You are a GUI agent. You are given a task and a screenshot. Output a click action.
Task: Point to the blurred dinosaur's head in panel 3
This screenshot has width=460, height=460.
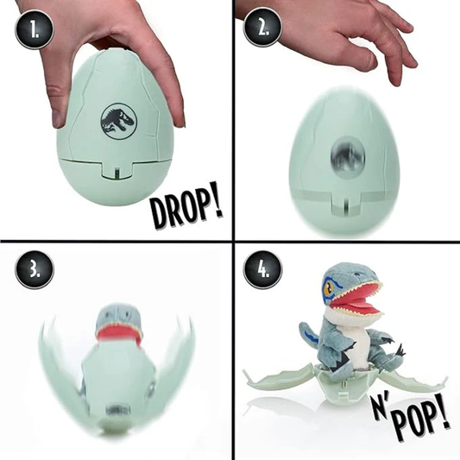(x=119, y=314)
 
